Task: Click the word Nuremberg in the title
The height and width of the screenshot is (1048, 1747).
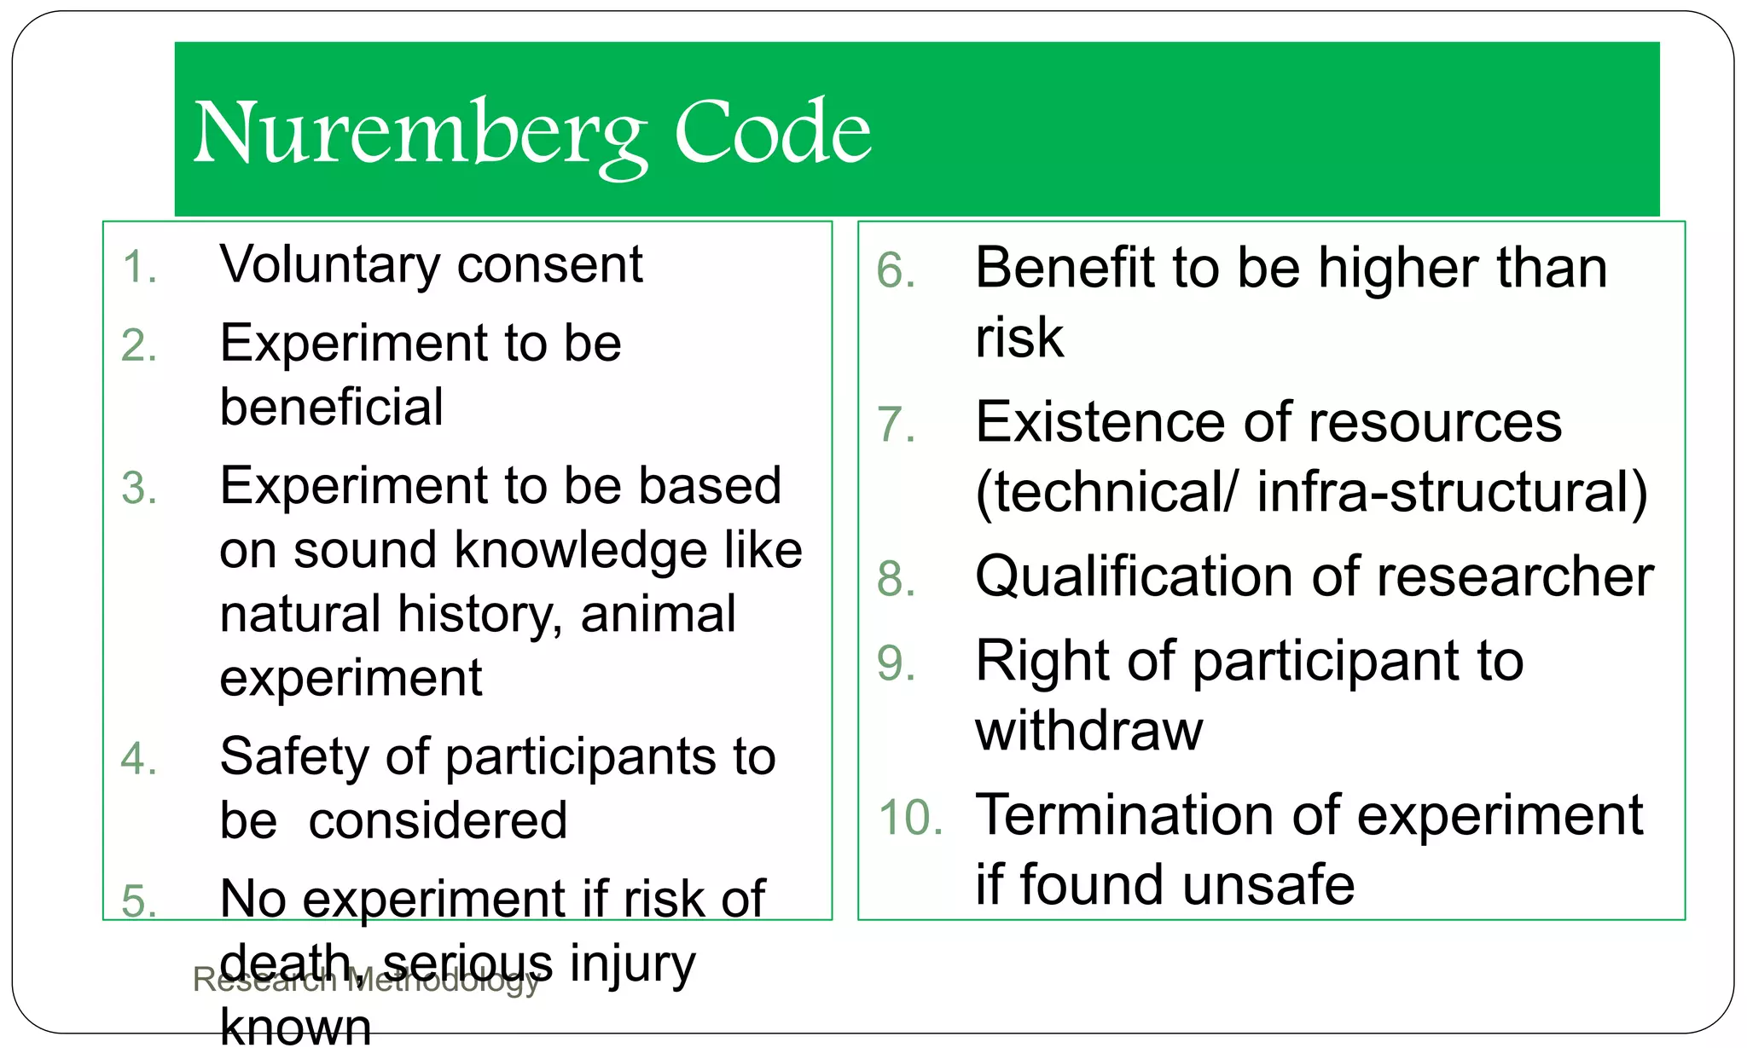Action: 419,135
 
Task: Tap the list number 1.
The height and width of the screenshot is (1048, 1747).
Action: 139,267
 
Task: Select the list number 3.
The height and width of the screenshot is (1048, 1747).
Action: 139,489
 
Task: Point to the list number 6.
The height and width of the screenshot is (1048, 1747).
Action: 896,271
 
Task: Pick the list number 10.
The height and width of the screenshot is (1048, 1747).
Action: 910,818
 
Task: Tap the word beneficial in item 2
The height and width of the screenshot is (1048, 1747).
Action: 331,407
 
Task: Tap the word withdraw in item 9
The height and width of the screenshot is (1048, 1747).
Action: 1088,731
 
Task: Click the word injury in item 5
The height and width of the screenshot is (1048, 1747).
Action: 632,964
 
